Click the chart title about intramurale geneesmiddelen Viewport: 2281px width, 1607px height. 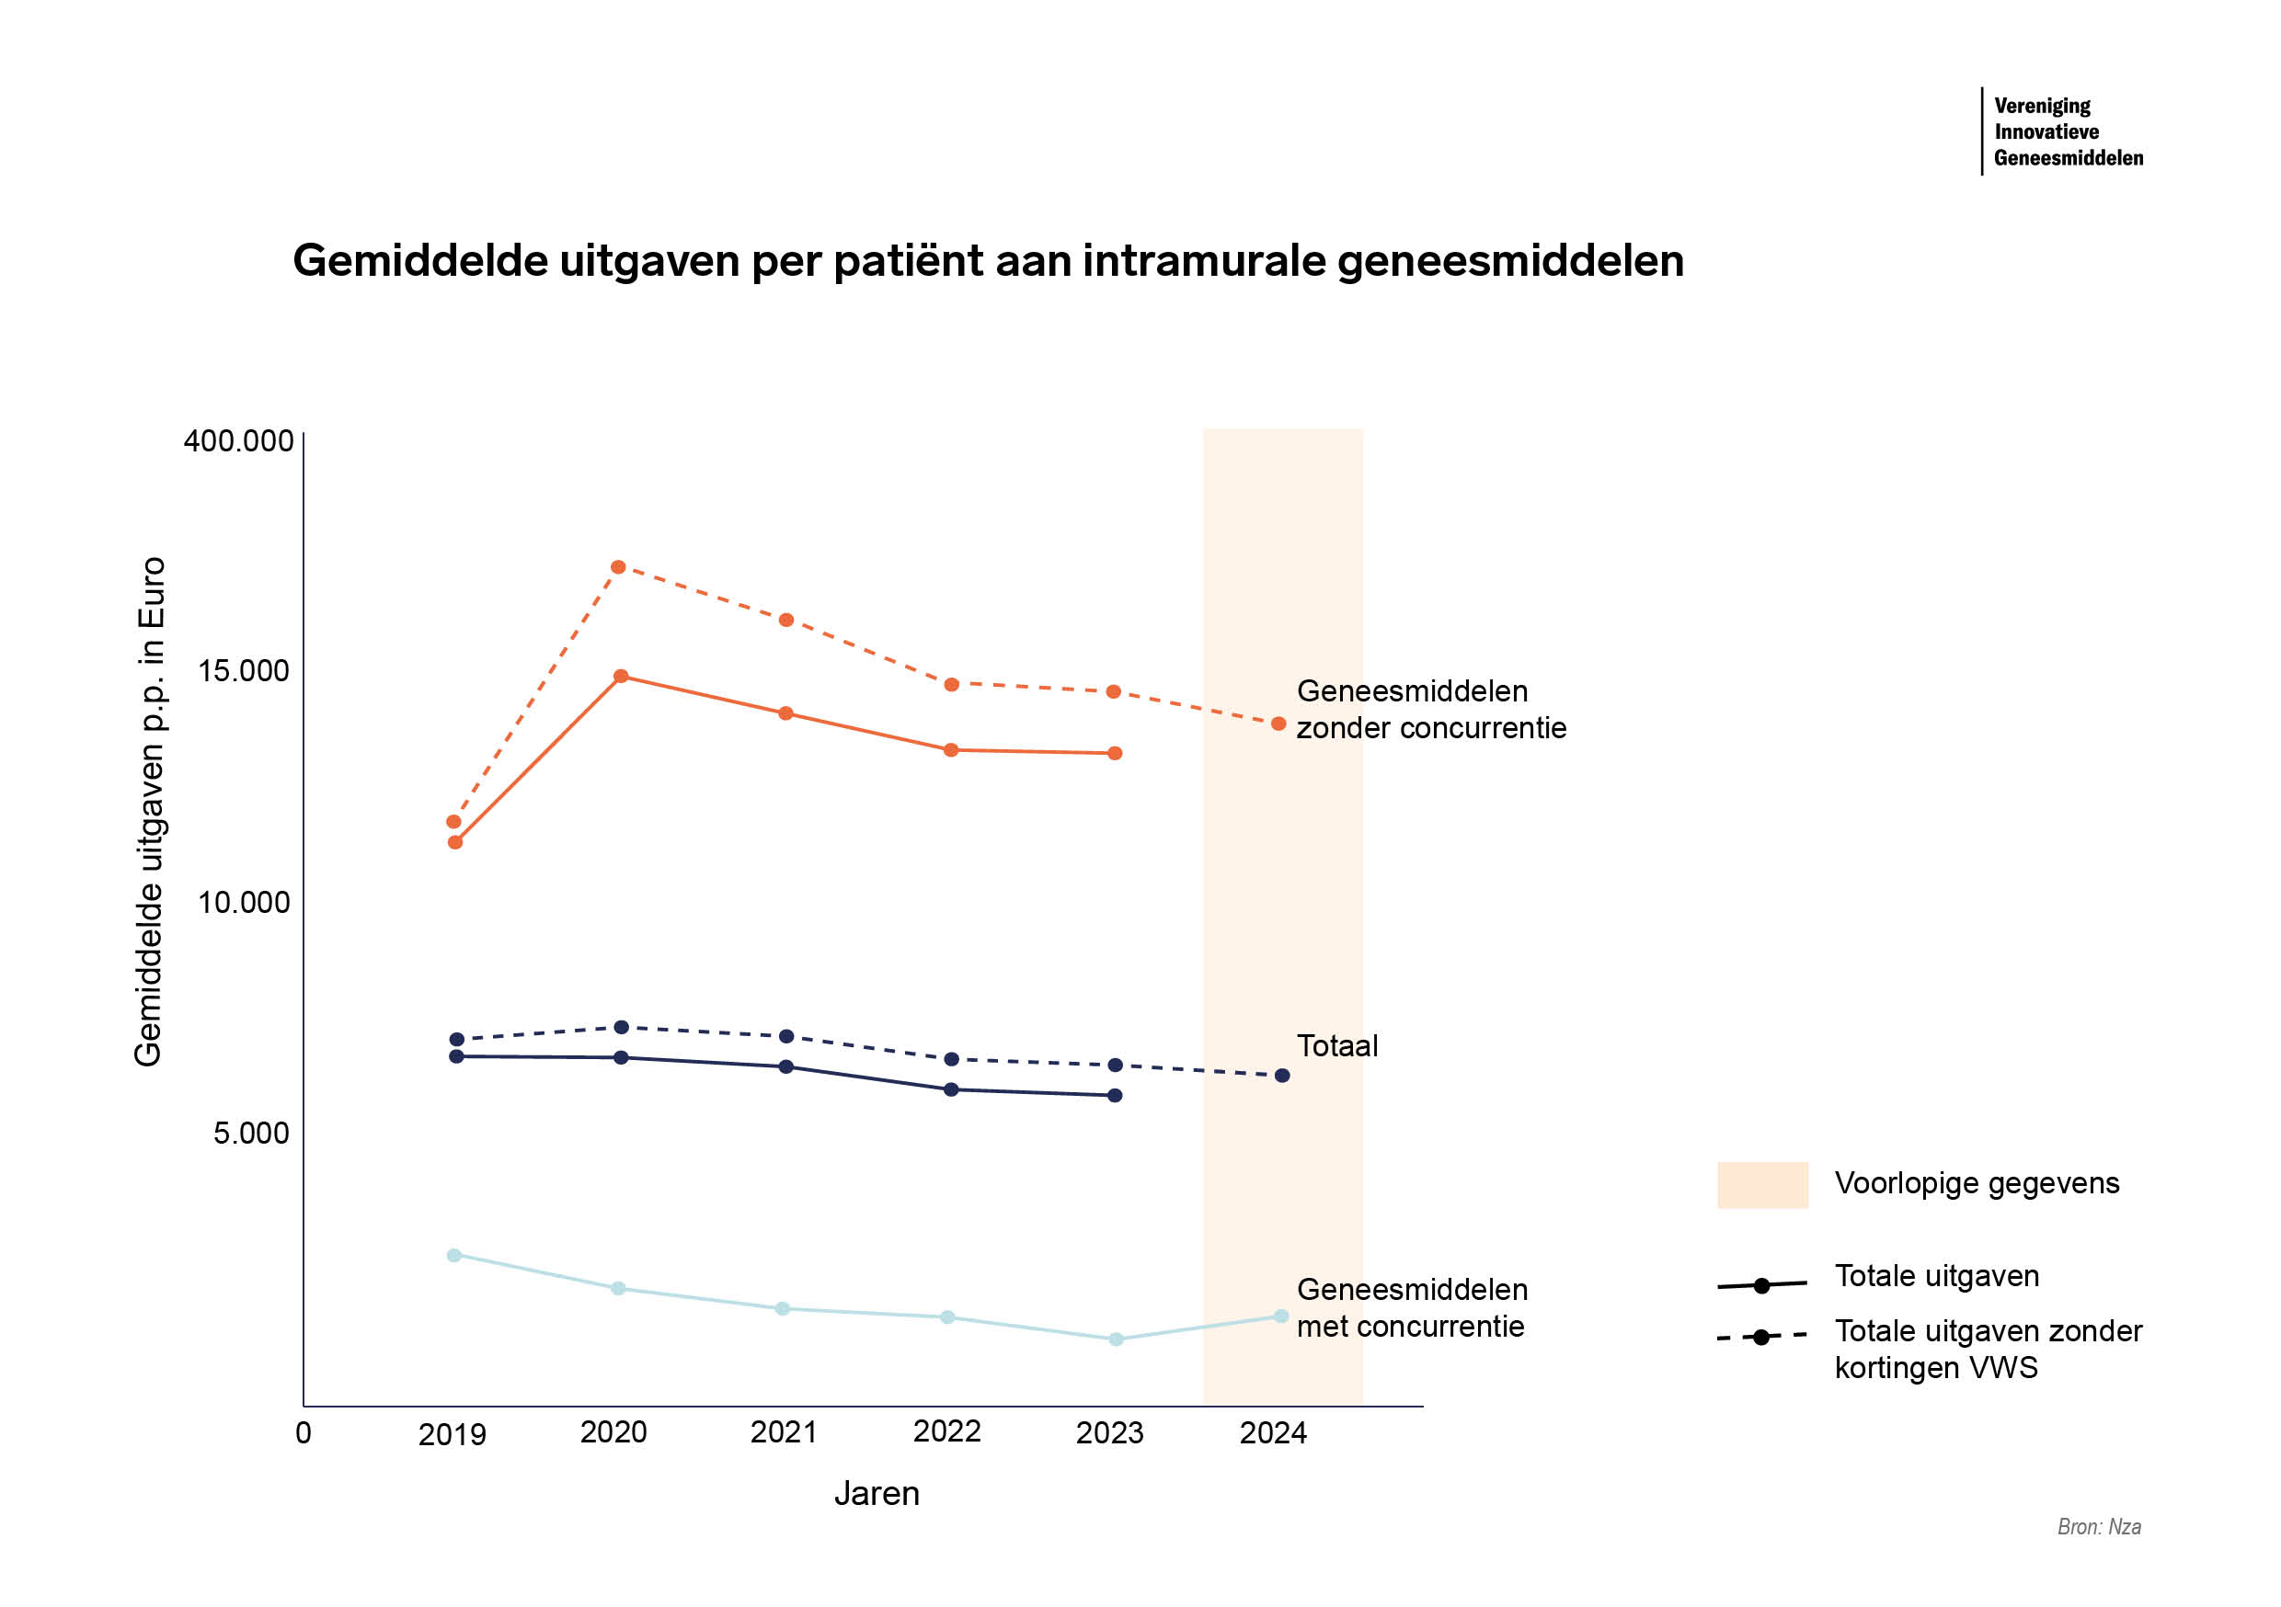tap(988, 261)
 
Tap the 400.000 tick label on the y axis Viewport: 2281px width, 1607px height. tap(238, 441)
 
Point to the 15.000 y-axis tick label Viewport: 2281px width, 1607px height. tap(244, 671)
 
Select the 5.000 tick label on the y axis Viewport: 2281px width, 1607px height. tap(250, 1134)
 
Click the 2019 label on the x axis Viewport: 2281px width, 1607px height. tap(452, 1434)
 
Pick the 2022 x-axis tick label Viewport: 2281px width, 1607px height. tap(946, 1431)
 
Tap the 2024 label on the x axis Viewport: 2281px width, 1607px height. tap(1273, 1433)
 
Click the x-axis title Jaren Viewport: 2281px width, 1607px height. tap(877, 1494)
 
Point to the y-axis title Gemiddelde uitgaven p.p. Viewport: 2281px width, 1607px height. tap(149, 811)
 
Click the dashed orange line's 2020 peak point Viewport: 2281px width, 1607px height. tap(618, 567)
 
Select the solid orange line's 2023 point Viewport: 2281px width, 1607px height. tap(1115, 754)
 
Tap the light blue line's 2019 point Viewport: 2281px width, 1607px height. tap(454, 1256)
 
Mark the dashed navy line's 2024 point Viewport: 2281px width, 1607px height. tap(1281, 1076)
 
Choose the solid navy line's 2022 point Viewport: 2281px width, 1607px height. tap(951, 1089)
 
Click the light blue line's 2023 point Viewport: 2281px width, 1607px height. tap(1116, 1339)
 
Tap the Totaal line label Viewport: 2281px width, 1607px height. tap(1336, 1046)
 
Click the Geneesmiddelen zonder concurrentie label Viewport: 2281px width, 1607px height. tap(1430, 710)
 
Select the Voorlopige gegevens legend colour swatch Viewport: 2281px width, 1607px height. tap(1762, 1185)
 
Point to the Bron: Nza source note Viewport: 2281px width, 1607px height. tap(2098, 1526)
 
